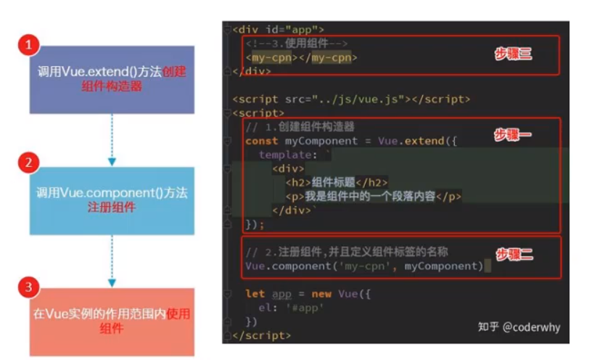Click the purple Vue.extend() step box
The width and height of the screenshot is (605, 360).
point(112,80)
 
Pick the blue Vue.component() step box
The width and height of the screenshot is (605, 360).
point(112,200)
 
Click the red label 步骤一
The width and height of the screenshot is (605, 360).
point(513,135)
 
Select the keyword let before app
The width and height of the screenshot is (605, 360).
point(255,294)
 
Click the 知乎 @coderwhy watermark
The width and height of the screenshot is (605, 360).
point(519,327)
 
